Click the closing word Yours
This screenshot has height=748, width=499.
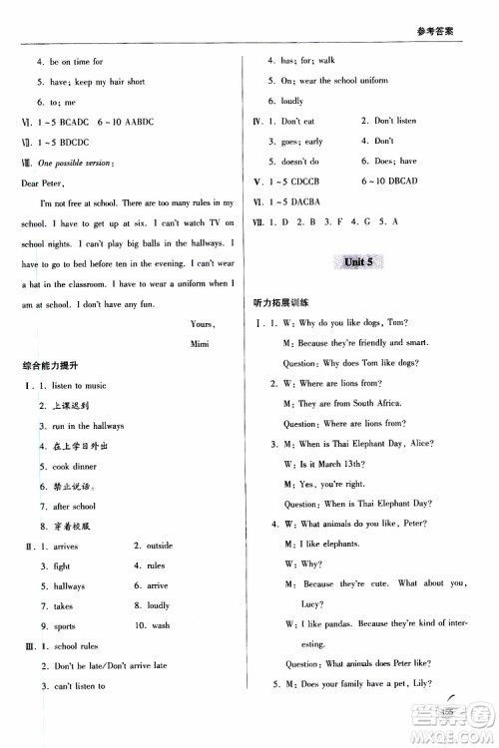tap(203, 323)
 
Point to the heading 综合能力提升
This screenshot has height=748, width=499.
tap(52, 365)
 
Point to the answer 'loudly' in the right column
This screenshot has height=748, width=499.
tap(292, 101)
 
